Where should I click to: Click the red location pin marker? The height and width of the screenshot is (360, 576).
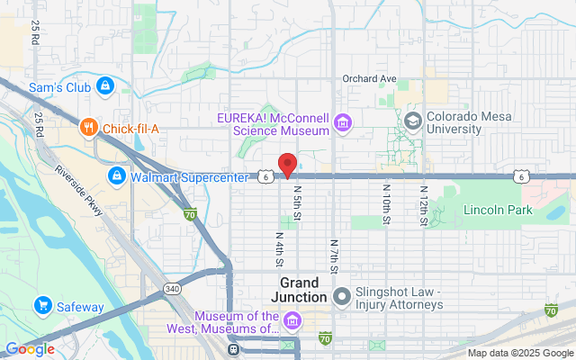pyautogui.click(x=287, y=166)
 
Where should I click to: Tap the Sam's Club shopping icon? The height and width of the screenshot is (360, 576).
pyautogui.click(x=105, y=85)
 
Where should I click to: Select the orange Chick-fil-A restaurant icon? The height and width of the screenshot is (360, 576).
pyautogui.click(x=87, y=128)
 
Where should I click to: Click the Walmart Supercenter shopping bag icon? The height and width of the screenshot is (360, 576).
pyautogui.click(x=116, y=175)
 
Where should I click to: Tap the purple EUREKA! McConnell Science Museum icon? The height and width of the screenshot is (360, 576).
pyautogui.click(x=341, y=121)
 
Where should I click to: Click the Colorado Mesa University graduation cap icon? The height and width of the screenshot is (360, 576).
pyautogui.click(x=413, y=121)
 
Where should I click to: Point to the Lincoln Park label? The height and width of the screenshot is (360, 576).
pyautogui.click(x=498, y=210)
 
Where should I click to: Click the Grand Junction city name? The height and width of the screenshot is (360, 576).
pyautogui.click(x=292, y=291)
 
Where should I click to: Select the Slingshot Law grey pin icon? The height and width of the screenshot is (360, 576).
pyautogui.click(x=341, y=296)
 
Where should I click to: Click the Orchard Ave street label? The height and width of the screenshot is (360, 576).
pyautogui.click(x=369, y=79)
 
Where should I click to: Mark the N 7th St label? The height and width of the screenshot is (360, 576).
pyautogui.click(x=333, y=256)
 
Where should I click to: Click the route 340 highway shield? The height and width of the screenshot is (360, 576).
pyautogui.click(x=172, y=289)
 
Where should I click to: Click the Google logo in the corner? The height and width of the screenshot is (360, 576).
pyautogui.click(x=30, y=349)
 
